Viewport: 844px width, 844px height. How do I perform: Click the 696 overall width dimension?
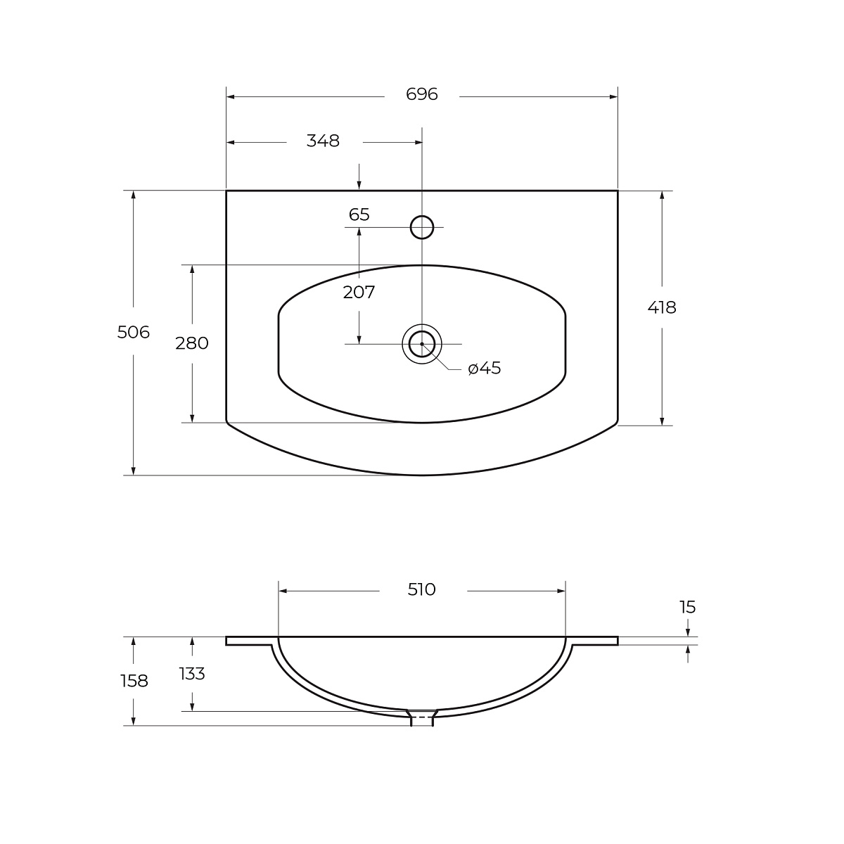(x=421, y=94)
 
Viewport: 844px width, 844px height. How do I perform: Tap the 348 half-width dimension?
(x=323, y=141)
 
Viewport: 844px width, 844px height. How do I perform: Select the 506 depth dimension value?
(x=134, y=332)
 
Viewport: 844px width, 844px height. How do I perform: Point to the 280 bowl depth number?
(x=192, y=343)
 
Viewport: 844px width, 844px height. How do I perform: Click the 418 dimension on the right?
(x=662, y=308)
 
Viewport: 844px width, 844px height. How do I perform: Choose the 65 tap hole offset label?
(x=359, y=215)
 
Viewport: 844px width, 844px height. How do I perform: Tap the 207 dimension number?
(x=359, y=292)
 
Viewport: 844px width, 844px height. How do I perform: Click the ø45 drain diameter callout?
(x=484, y=369)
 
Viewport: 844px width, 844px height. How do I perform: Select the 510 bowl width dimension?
(x=422, y=589)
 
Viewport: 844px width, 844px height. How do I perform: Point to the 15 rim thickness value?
(x=687, y=607)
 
